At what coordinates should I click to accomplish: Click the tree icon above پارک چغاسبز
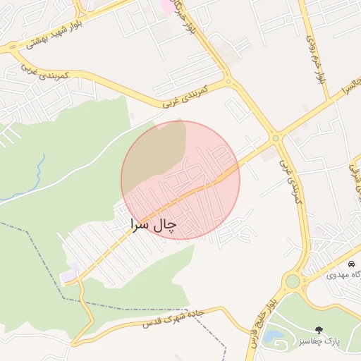pos(320,329)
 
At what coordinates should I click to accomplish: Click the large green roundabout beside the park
pos(292,282)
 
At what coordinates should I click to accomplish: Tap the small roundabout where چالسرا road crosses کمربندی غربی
pos(276,138)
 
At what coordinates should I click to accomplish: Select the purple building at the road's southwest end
pos(71,274)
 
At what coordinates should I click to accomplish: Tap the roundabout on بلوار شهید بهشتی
pos(13,49)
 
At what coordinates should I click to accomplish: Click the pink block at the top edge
pos(166,6)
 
